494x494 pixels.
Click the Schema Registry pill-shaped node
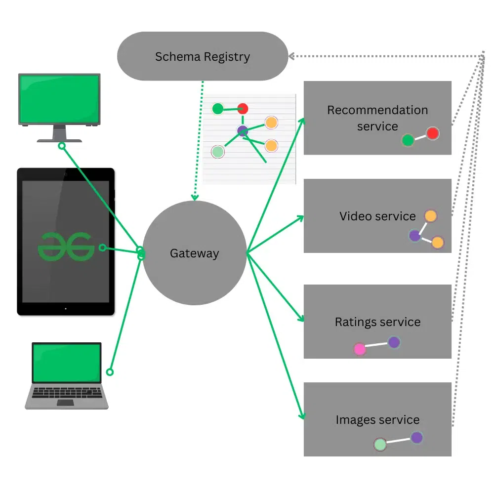(x=203, y=56)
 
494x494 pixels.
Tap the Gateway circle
(x=194, y=253)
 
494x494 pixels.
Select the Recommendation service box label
(x=377, y=118)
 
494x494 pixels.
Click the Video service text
(x=377, y=216)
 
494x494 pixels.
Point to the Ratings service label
(x=377, y=322)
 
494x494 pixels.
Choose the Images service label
(x=377, y=420)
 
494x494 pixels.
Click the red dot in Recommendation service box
(x=433, y=133)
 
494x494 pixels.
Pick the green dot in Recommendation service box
(x=408, y=140)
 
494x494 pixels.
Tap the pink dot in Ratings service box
(x=360, y=349)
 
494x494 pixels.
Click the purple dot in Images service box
(x=417, y=437)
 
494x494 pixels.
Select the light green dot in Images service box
(x=380, y=445)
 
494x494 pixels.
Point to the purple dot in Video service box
(x=415, y=236)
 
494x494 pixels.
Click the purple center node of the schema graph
(x=243, y=131)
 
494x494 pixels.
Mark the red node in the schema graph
(x=243, y=109)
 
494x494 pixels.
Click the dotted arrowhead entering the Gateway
(x=195, y=198)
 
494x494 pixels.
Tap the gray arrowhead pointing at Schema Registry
(x=291, y=56)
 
